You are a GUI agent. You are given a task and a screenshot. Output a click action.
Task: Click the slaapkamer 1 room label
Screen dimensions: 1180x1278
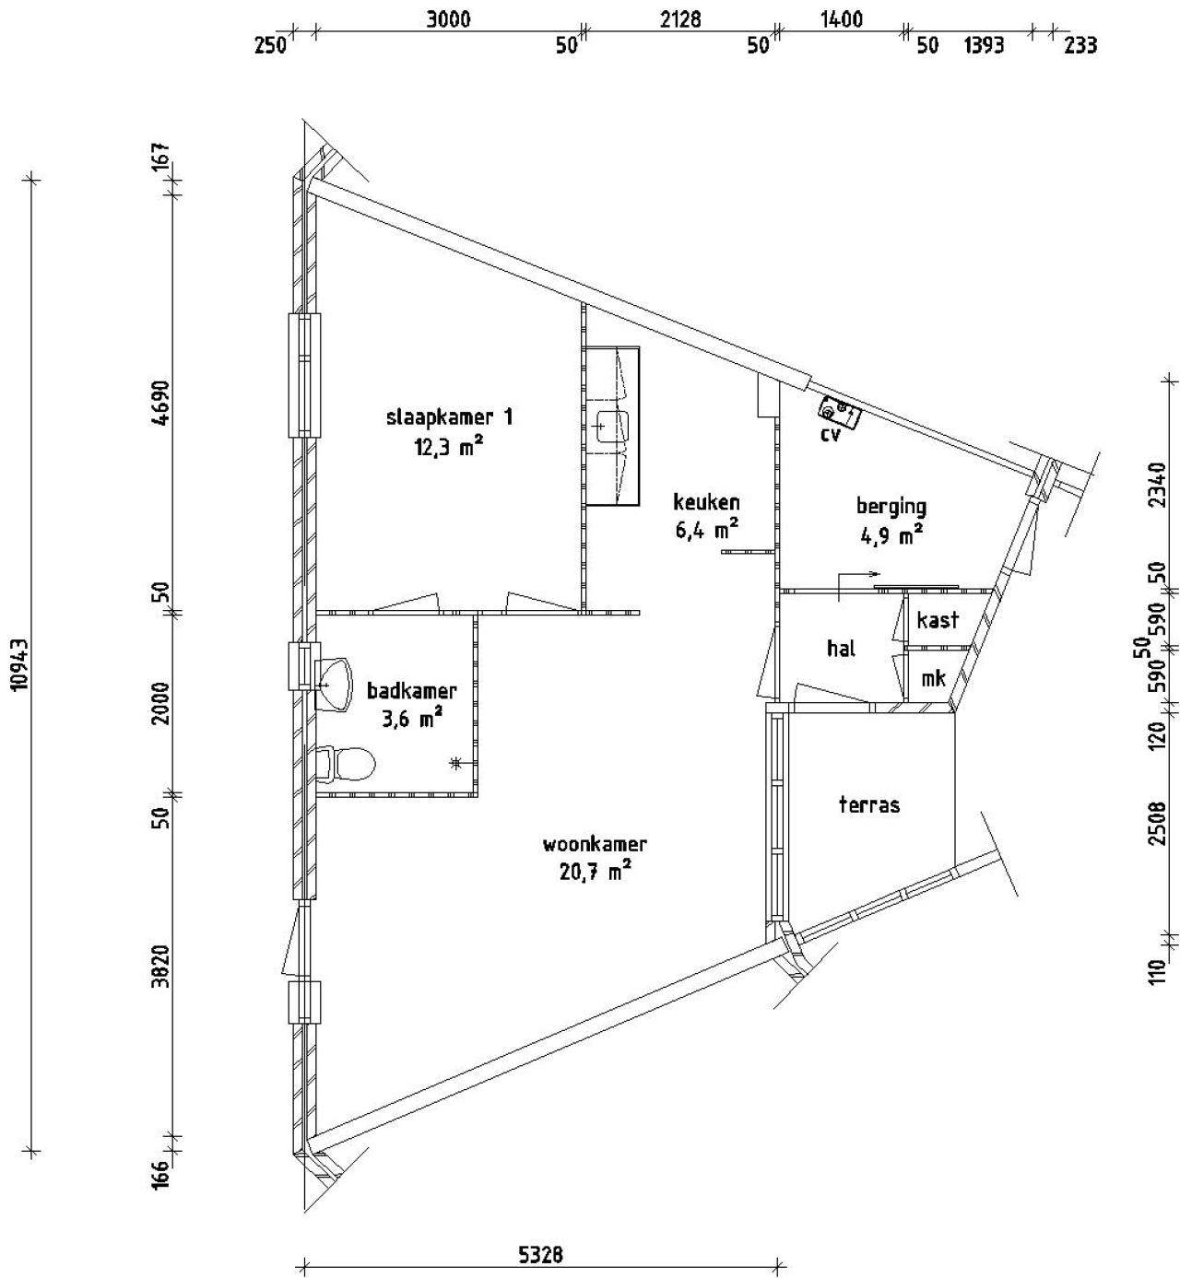point(450,417)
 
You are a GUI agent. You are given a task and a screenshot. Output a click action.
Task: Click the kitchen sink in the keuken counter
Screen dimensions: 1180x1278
point(612,426)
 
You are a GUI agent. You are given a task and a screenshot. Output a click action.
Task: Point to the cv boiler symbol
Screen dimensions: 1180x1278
point(840,411)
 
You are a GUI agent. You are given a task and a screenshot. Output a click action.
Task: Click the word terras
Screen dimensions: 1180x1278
point(869,804)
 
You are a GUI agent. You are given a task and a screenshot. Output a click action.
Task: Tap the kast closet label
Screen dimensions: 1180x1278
point(938,620)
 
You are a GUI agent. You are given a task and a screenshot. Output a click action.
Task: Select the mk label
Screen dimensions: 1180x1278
point(933,677)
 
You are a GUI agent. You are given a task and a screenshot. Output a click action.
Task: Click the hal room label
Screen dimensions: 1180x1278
point(841,648)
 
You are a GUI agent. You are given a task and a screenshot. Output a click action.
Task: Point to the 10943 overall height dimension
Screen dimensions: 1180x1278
point(21,664)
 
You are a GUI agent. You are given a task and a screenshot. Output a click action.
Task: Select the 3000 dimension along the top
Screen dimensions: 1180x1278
point(448,20)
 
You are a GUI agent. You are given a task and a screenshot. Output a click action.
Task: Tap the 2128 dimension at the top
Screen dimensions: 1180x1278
point(680,20)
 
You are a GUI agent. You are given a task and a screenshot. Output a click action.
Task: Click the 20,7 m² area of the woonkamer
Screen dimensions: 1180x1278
point(595,873)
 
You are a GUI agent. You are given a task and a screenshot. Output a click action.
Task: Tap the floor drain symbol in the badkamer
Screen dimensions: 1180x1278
point(456,763)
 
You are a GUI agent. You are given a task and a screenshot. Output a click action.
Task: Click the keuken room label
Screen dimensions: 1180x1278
point(706,501)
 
